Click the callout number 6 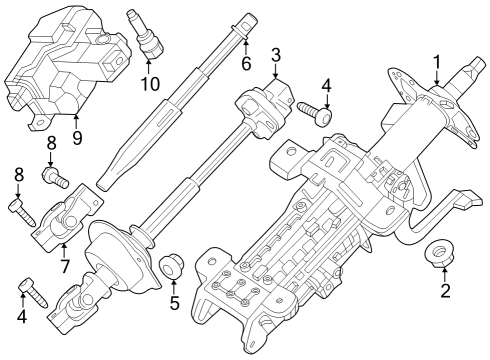click(x=243, y=62)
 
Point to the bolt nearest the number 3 click(x=321, y=115)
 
